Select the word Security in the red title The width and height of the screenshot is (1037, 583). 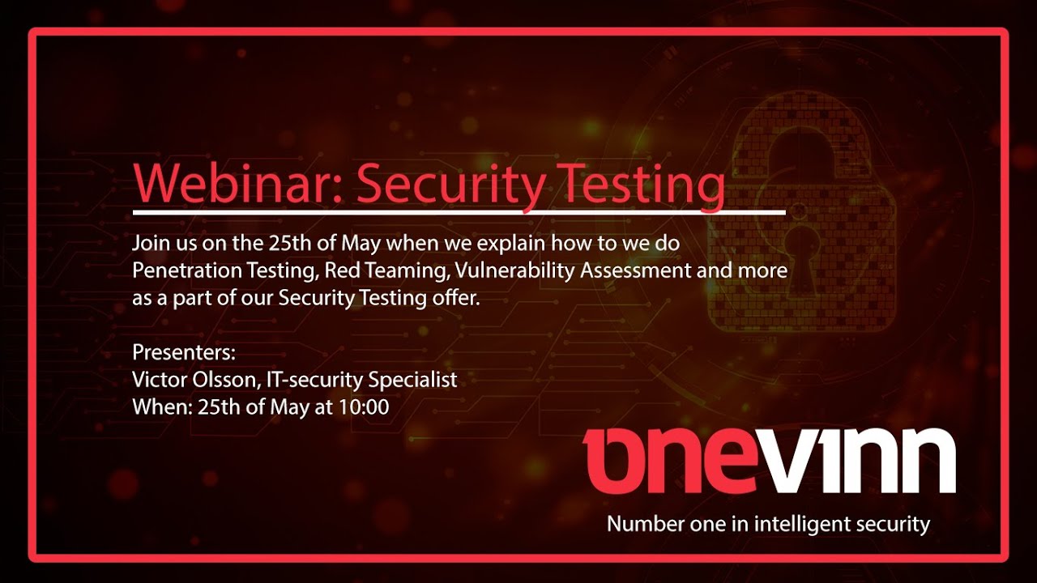click(x=450, y=185)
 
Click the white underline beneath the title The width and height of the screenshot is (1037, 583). click(x=459, y=213)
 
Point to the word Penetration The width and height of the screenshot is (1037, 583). click(x=181, y=270)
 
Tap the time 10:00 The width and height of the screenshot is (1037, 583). click(x=364, y=406)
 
